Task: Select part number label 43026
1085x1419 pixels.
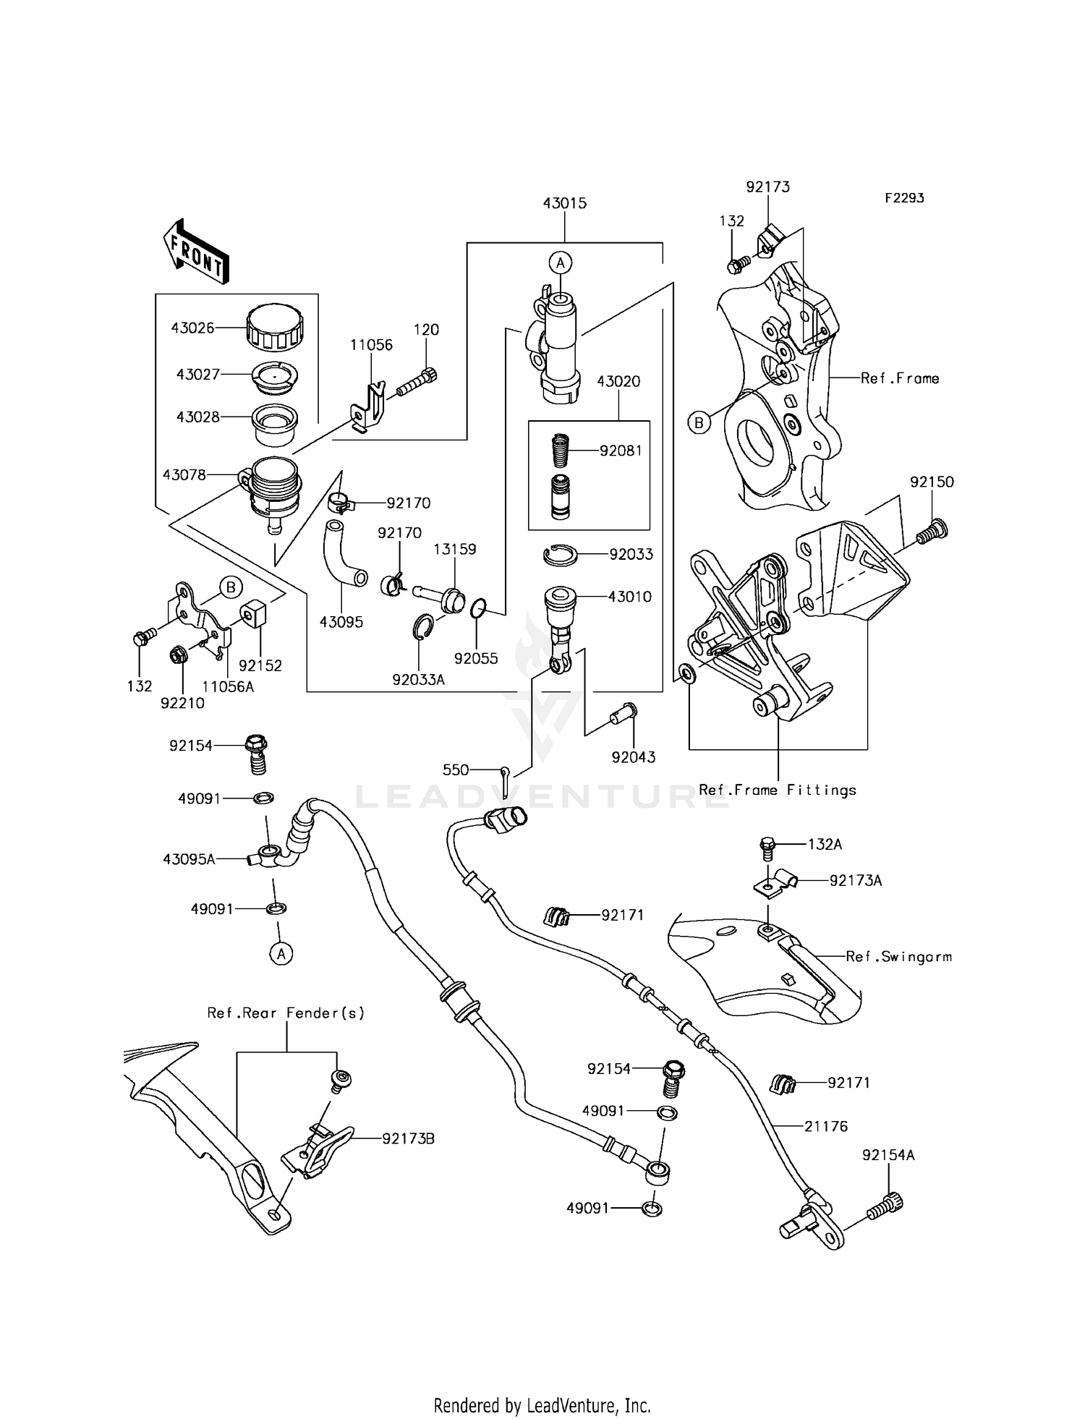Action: click(x=192, y=328)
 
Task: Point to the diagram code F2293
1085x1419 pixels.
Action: click(x=903, y=197)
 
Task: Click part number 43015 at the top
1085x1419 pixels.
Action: click(x=564, y=203)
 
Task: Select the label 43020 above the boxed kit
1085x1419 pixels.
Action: click(x=618, y=381)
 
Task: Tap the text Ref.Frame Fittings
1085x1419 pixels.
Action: click(x=778, y=790)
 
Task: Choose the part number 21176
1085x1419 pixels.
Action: click(x=826, y=1126)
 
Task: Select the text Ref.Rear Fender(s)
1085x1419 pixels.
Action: click(x=286, y=1013)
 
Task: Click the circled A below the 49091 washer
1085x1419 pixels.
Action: click(x=281, y=954)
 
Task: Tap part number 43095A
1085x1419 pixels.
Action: click(x=188, y=859)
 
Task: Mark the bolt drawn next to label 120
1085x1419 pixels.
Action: click(x=418, y=383)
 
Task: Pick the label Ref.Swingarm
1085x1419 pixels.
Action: click(x=898, y=957)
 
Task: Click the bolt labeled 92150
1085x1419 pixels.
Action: click(x=933, y=532)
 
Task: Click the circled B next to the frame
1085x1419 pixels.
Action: click(x=699, y=422)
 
